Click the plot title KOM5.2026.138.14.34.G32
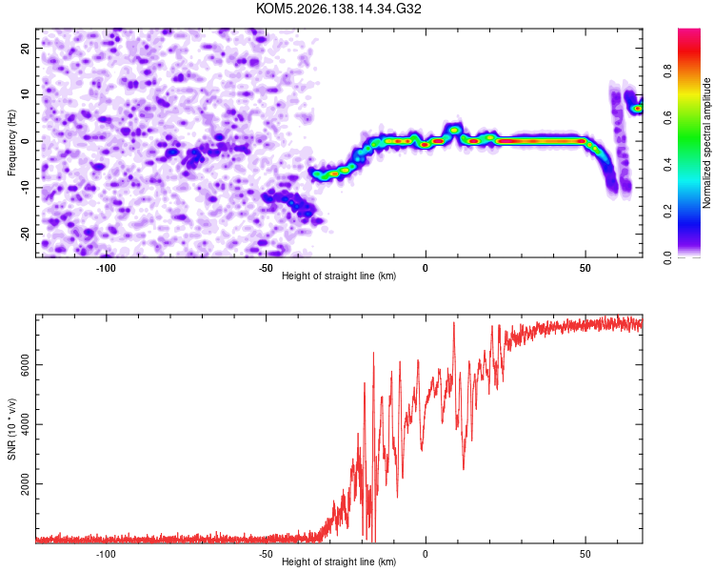point(338,9)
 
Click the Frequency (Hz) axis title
point(11,143)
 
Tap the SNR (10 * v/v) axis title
point(11,429)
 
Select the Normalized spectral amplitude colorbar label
point(706,143)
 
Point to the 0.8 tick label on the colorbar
point(667,71)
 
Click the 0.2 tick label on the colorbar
point(667,212)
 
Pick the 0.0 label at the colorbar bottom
point(667,257)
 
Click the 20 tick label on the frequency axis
point(26,48)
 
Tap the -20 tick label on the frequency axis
point(26,235)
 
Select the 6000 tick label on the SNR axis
point(26,365)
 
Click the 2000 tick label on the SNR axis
point(26,484)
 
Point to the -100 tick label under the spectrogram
point(106,268)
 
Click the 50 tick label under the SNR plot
point(585,554)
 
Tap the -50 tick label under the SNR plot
point(266,554)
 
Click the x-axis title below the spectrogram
point(339,276)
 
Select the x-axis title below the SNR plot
point(339,562)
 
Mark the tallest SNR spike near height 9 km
point(453,323)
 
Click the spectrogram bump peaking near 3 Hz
point(454,130)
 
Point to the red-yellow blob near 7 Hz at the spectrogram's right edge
point(637,109)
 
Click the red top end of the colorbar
point(689,32)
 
